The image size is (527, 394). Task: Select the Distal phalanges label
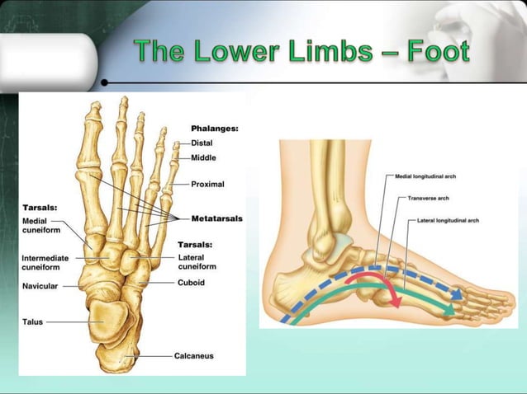(x=202, y=143)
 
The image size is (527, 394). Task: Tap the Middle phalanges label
(x=204, y=157)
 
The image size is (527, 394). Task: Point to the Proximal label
(x=208, y=184)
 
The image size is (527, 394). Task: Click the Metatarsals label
(x=216, y=218)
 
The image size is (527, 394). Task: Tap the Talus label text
(x=33, y=322)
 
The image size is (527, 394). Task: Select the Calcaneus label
(x=194, y=356)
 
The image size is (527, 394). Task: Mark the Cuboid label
(x=191, y=282)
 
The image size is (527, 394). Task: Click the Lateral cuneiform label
(x=197, y=261)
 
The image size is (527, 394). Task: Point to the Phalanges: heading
(x=214, y=129)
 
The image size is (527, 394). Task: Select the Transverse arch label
(x=427, y=199)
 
